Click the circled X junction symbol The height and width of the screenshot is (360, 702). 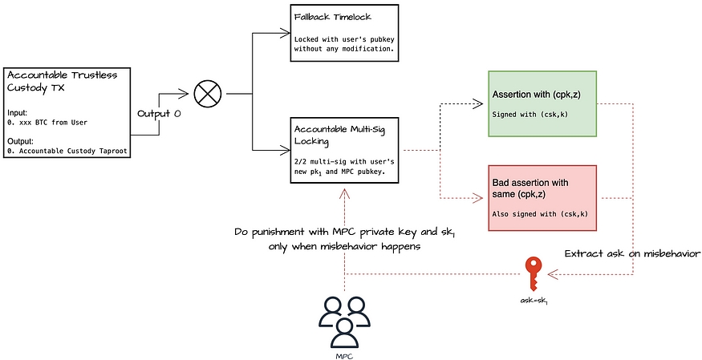(209, 93)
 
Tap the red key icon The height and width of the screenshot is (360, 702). (532, 273)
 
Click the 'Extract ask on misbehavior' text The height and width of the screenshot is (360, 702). (633, 253)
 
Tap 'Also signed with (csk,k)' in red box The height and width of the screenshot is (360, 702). (538, 215)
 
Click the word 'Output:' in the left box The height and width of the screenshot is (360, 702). (20, 140)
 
